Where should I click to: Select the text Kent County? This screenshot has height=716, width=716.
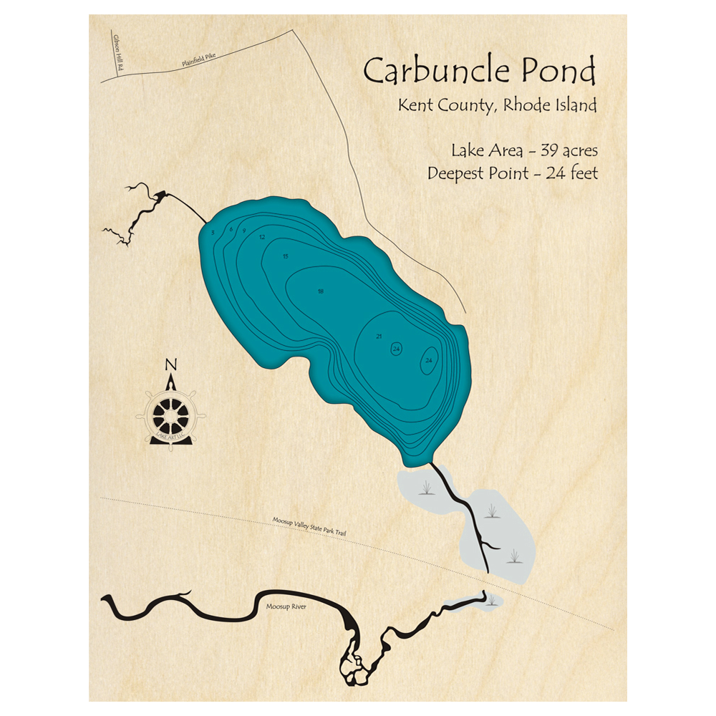point(444,106)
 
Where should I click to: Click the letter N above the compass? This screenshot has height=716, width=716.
point(170,365)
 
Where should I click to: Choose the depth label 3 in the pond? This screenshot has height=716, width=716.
point(213,232)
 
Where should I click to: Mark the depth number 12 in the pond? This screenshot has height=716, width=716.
point(262,237)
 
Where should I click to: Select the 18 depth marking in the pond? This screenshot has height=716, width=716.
point(320,291)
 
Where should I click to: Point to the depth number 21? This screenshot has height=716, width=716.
point(379,337)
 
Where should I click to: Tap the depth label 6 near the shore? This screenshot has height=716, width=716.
point(231,229)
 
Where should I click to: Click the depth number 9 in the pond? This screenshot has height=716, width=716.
point(244,231)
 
